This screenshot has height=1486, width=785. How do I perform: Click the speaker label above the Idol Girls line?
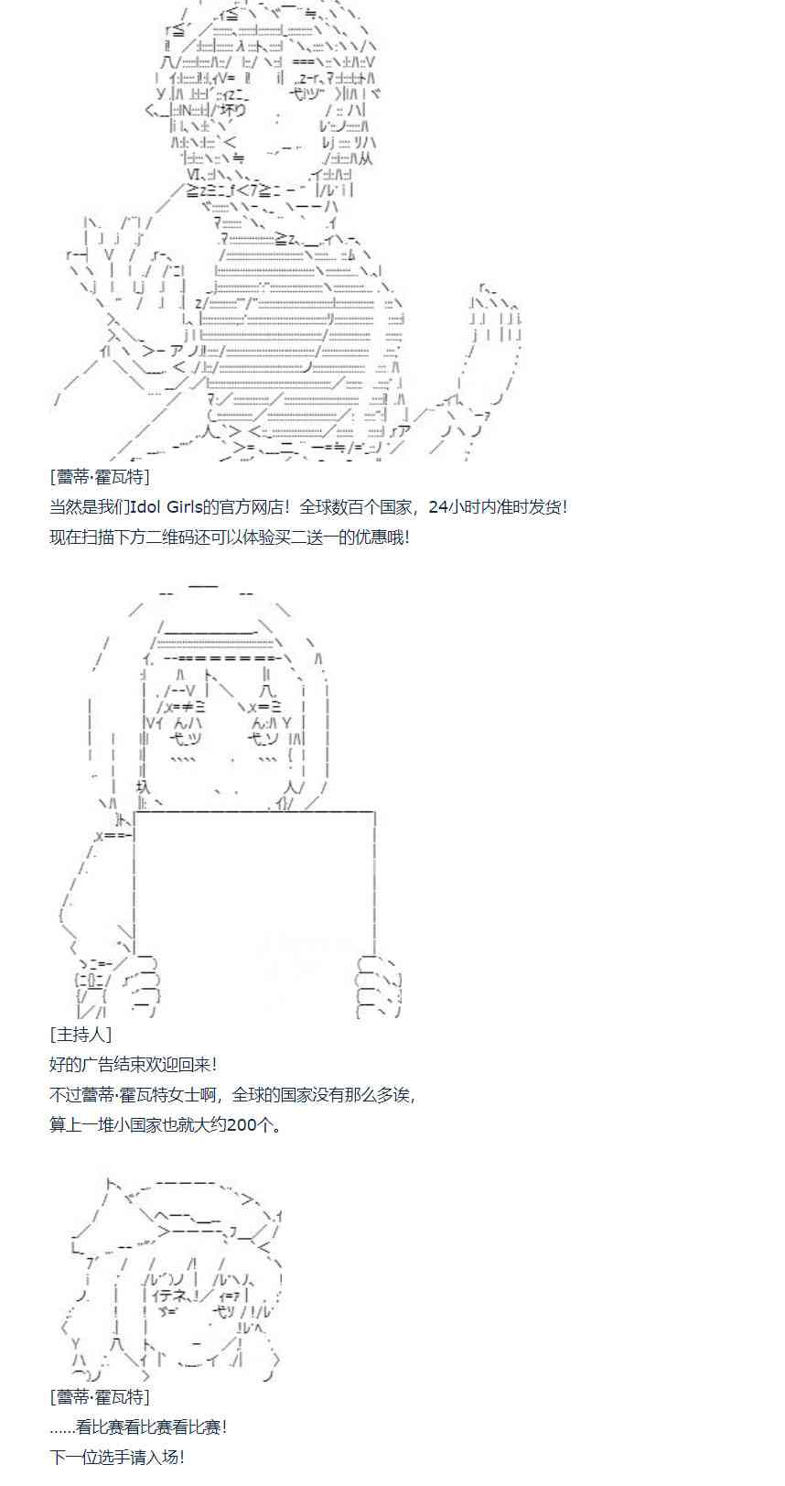100,477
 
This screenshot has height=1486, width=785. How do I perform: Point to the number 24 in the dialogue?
438,507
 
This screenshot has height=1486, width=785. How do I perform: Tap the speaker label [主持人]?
81,1035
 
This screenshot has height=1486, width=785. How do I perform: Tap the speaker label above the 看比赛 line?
100,1397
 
